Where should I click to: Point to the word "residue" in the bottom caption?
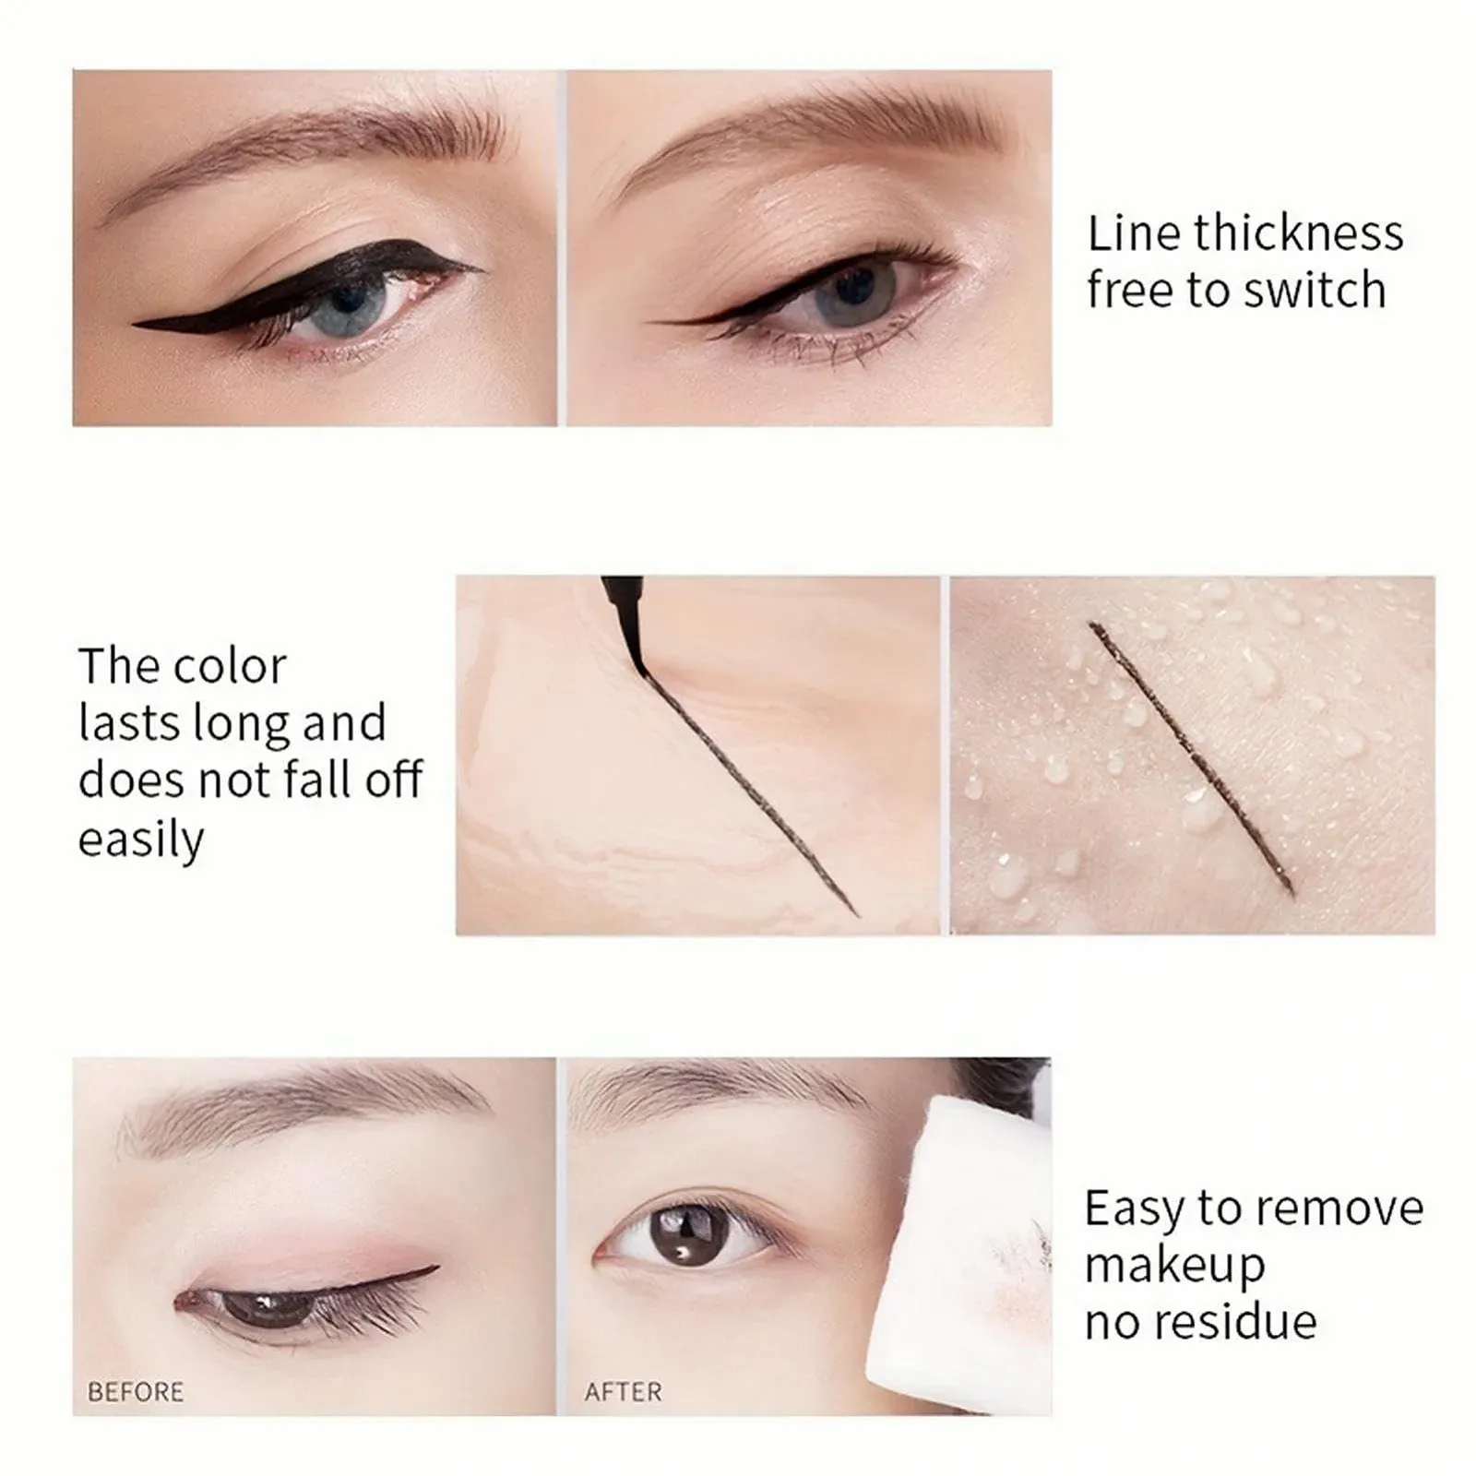point(1238,1321)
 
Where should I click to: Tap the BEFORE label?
point(136,1391)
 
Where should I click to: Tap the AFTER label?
point(624,1391)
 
